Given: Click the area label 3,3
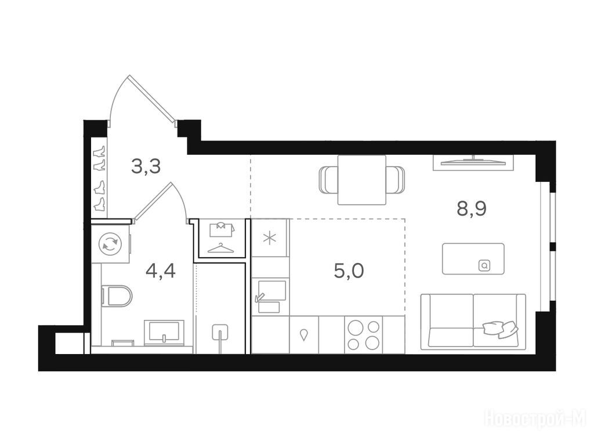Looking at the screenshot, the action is pyautogui.click(x=146, y=166).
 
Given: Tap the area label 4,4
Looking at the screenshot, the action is pyautogui.click(x=161, y=271).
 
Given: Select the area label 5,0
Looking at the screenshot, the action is pyautogui.click(x=349, y=271).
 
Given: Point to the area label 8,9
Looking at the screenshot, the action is pyautogui.click(x=472, y=209).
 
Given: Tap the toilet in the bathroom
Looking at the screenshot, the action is pyautogui.click(x=116, y=296).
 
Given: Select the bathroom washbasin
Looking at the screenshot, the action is pyautogui.click(x=164, y=332).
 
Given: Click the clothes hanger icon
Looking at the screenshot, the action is pyautogui.click(x=221, y=248).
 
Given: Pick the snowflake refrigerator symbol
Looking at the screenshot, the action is pyautogui.click(x=270, y=238).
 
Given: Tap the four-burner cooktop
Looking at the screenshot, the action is pyautogui.click(x=363, y=335).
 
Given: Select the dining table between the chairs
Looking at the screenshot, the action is pyautogui.click(x=362, y=180).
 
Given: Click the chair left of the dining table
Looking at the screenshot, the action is pyautogui.click(x=328, y=180).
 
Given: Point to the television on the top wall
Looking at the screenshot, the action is pyautogui.click(x=473, y=162).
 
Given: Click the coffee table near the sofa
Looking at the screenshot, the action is pyautogui.click(x=473, y=259).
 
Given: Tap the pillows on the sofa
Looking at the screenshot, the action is pyautogui.click(x=500, y=329).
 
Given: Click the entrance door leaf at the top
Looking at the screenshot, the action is pyautogui.click(x=153, y=99).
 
